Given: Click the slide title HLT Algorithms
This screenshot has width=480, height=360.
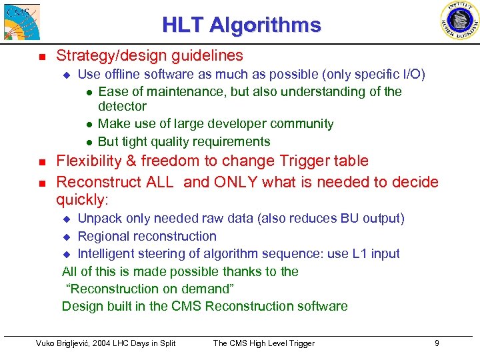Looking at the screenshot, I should [241, 25].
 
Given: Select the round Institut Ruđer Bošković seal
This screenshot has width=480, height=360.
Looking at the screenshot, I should [459, 21].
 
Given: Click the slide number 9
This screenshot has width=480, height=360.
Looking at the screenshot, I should [436, 343].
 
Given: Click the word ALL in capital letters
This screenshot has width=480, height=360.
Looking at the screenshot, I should [161, 182].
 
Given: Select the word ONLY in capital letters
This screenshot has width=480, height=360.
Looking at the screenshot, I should [219, 182].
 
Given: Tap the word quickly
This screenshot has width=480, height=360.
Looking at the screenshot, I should [81, 200].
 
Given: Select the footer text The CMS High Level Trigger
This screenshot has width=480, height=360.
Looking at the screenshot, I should [263, 343].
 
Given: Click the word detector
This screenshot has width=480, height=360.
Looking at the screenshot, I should [122, 107].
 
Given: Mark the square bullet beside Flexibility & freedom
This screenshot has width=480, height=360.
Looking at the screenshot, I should [42, 162].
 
